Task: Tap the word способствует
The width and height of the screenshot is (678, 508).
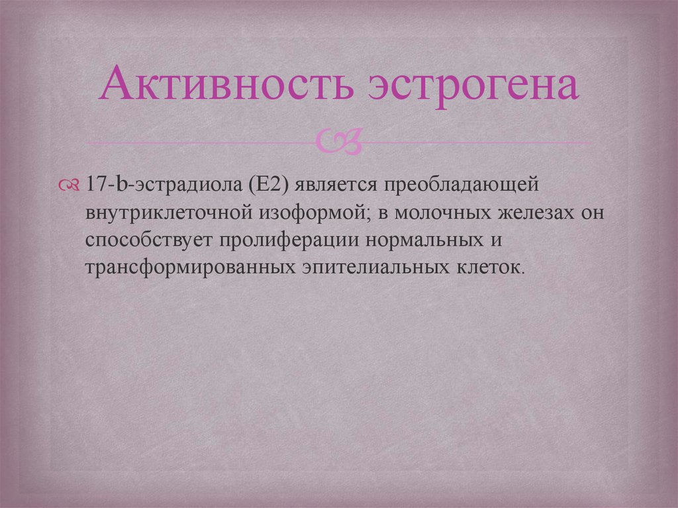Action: click(146, 240)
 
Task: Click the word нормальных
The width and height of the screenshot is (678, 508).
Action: click(423, 240)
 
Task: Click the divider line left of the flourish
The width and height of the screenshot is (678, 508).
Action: click(199, 142)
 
